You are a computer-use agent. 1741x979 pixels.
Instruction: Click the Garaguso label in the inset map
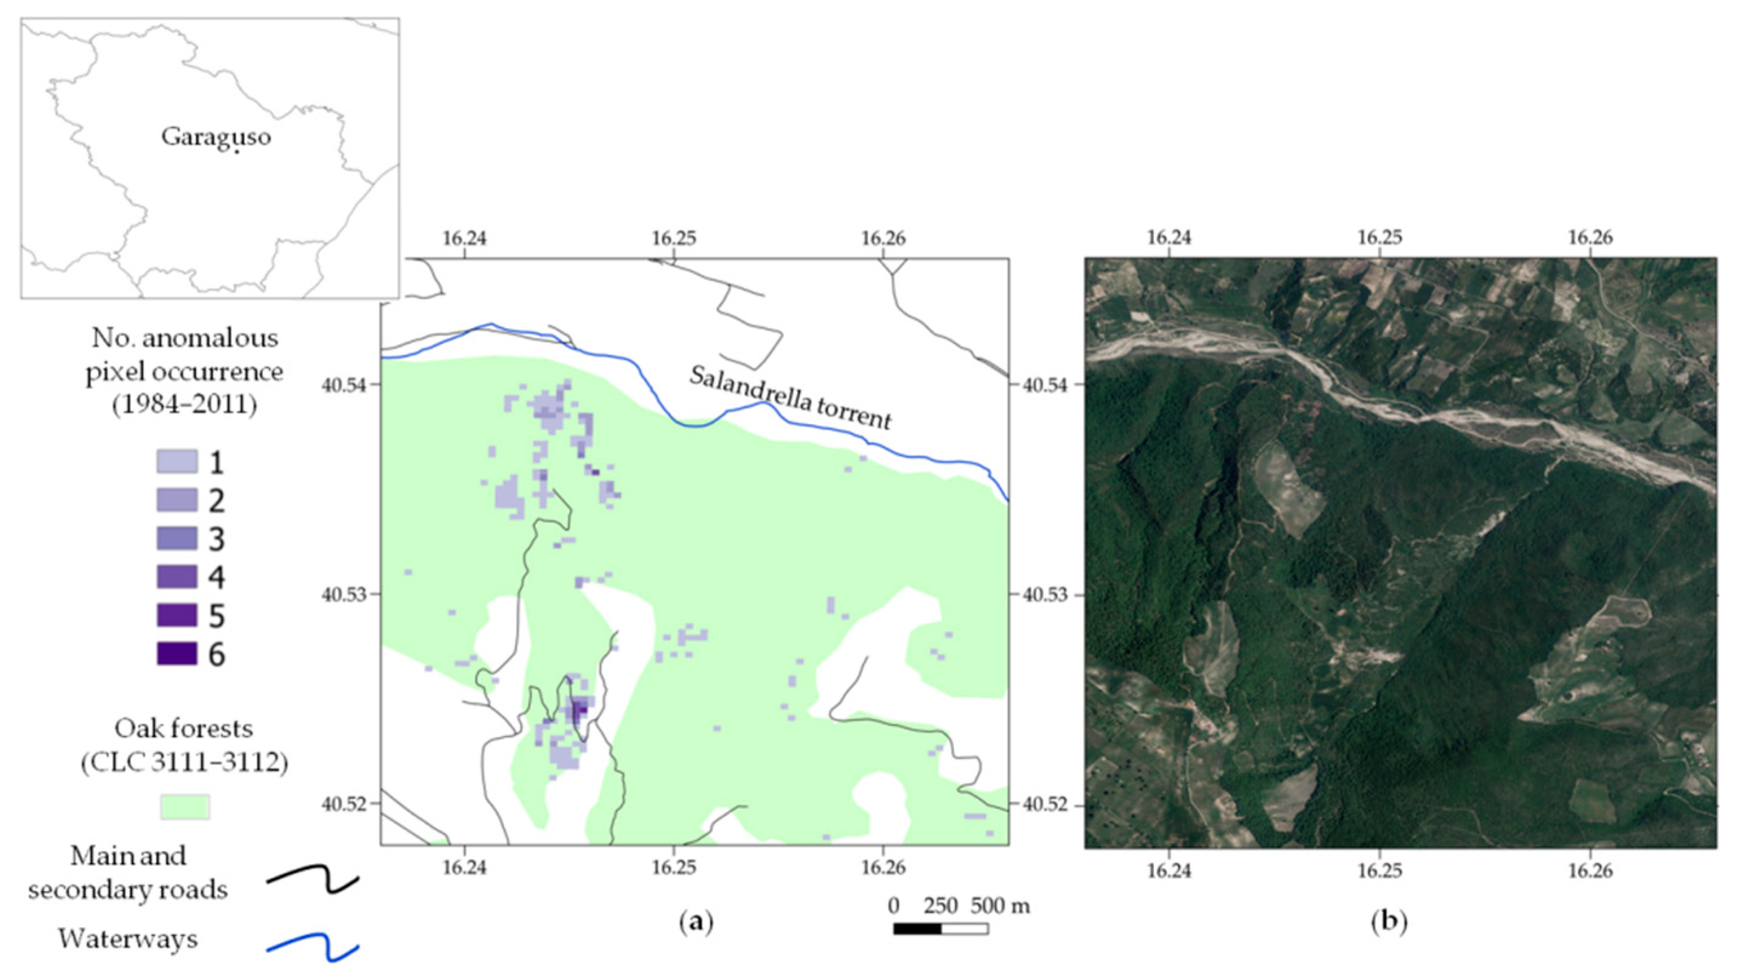tap(216, 137)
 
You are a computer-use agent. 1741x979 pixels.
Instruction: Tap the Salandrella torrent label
tap(790, 399)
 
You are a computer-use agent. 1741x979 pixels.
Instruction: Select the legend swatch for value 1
tap(177, 462)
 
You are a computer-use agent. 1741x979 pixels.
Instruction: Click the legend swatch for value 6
tap(177, 654)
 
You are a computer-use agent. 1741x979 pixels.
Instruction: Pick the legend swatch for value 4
tap(177, 576)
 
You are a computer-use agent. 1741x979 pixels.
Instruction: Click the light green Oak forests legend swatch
tap(184, 807)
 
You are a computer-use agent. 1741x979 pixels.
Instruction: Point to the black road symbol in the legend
tap(312, 880)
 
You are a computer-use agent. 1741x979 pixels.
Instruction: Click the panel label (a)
tap(696, 921)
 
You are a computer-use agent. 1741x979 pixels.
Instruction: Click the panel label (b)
tap(1390, 921)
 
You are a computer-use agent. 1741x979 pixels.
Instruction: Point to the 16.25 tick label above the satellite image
tap(1379, 238)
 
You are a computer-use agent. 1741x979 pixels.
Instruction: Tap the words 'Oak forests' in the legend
tap(184, 729)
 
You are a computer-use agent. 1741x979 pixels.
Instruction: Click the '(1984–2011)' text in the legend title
tap(184, 405)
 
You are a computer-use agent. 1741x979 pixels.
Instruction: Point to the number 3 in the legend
tap(216, 540)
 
